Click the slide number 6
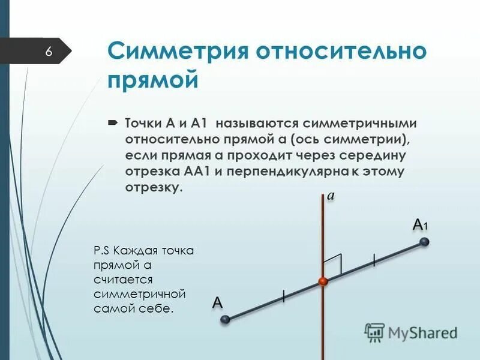(x=49, y=52)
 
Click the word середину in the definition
(x=373, y=155)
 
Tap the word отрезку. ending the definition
(x=153, y=188)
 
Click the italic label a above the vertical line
(x=331, y=195)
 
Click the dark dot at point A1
(x=425, y=242)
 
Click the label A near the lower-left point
(x=217, y=302)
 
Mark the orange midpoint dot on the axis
(x=323, y=281)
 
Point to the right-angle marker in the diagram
(x=333, y=263)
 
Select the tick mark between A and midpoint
(x=283, y=296)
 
